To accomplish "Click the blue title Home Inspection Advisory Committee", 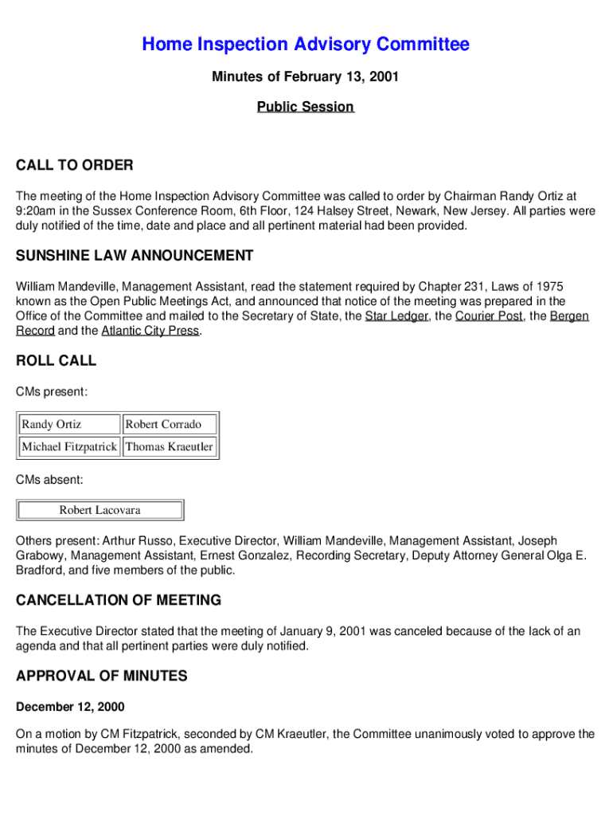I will [306, 45].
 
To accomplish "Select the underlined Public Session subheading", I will [306, 107].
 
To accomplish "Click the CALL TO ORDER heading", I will [75, 166].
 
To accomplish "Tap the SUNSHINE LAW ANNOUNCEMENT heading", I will [135, 256].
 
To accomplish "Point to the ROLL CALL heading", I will [56, 361].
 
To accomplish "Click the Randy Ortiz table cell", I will [69, 425].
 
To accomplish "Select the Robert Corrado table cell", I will [169, 425].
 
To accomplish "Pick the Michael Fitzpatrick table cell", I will [69, 447].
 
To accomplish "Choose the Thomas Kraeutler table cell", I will [169, 447].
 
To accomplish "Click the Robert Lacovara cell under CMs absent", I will [100, 510].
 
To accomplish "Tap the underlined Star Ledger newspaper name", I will [396, 316].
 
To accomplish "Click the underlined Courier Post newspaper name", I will [489, 316].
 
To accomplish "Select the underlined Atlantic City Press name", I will [150, 331].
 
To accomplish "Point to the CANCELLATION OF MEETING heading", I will [119, 600].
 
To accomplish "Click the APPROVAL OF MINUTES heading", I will [102, 677].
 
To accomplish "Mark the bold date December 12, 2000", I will [70, 707].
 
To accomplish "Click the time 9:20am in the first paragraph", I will [36, 211].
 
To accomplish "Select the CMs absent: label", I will [49, 480].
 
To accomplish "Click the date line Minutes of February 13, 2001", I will [306, 77].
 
